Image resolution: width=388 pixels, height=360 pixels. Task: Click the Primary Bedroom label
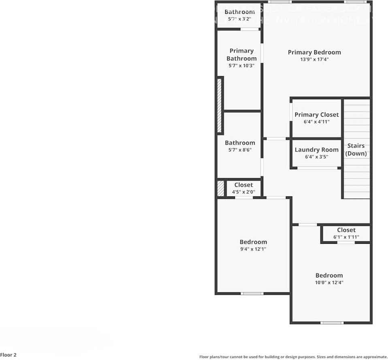[x=314, y=52]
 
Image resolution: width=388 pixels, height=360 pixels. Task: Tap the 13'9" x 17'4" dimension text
[x=314, y=60]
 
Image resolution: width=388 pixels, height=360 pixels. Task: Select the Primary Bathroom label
[x=241, y=55]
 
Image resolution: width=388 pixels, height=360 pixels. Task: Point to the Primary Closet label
[x=317, y=115]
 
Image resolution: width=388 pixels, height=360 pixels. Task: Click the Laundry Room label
[x=317, y=150]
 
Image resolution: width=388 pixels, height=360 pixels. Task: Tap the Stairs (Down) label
[x=356, y=149]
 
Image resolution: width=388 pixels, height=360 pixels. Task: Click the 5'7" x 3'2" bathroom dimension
[x=240, y=19]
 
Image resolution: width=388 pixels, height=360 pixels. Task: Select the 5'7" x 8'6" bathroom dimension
[x=240, y=150]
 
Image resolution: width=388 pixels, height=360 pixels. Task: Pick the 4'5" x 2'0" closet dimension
[x=243, y=192]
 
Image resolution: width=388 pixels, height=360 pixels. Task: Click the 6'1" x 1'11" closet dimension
[x=346, y=237]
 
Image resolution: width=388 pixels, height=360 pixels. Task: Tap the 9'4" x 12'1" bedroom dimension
[x=253, y=249]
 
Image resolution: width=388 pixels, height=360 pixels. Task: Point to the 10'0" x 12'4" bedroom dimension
[x=329, y=283]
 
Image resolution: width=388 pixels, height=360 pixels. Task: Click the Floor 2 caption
[x=9, y=355]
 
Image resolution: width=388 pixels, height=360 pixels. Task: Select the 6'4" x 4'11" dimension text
[x=317, y=122]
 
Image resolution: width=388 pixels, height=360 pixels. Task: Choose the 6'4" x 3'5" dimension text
[x=317, y=157]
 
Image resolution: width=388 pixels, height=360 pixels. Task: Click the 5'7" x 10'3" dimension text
[x=241, y=66]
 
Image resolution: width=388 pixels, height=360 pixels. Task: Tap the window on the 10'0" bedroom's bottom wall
[x=332, y=323]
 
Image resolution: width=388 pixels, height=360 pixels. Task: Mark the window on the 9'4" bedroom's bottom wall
[x=252, y=293]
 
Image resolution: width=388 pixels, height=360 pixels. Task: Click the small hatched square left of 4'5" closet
[x=221, y=189]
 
